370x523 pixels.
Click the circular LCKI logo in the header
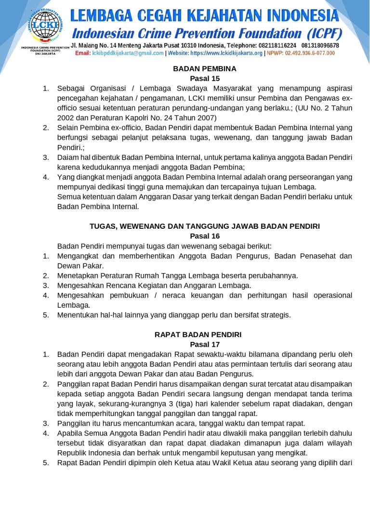pyautogui.click(x=45, y=24)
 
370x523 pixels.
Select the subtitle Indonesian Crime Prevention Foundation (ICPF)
pyautogui.click(x=207, y=34)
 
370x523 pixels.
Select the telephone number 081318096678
pyautogui.click(x=320, y=45)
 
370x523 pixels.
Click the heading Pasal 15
pyautogui.click(x=205, y=78)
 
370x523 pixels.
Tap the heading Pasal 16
pyautogui.click(x=205, y=236)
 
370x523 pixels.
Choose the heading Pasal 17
pyautogui.click(x=205, y=344)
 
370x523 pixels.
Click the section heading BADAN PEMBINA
pyautogui.click(x=205, y=69)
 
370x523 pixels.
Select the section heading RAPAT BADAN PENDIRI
pyautogui.click(x=205, y=335)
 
